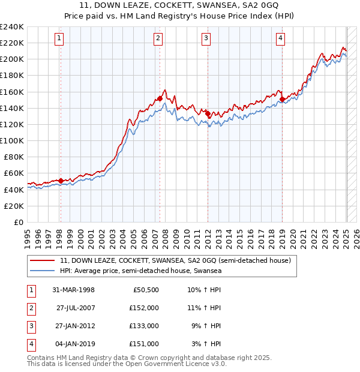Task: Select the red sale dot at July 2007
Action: (x=160, y=98)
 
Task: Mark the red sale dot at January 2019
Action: (x=283, y=99)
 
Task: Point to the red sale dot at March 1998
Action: (x=61, y=181)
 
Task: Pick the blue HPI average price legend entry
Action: (x=140, y=271)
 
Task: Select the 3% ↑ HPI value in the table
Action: (x=206, y=344)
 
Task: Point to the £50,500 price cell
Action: (x=145, y=290)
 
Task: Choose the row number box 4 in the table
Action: (x=31, y=344)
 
